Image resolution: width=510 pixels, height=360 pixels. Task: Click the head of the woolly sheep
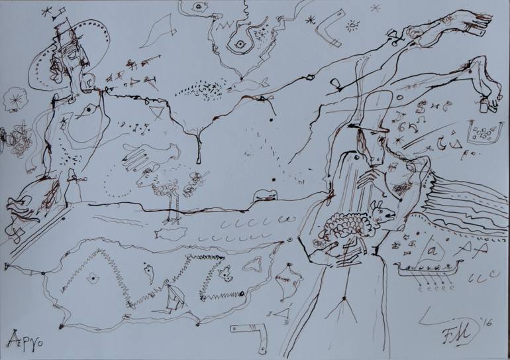pos(382,212)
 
